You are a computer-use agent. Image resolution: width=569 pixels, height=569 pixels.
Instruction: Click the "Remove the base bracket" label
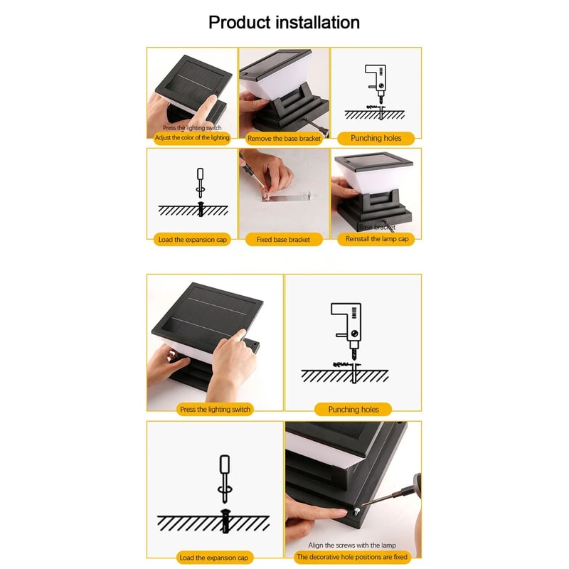tap(284, 139)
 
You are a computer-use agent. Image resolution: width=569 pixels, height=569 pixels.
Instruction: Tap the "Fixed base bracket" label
tap(283, 240)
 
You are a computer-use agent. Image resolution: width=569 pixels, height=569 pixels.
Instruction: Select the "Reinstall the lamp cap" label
tap(377, 240)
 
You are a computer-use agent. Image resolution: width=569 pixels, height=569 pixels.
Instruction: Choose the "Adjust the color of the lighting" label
tap(192, 137)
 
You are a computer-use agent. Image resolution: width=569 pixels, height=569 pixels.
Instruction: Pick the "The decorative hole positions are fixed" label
tap(352, 558)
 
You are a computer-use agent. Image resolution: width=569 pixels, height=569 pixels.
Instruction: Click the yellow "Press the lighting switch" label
tap(216, 410)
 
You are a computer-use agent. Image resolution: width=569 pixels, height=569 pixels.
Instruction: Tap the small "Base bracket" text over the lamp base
tap(377, 227)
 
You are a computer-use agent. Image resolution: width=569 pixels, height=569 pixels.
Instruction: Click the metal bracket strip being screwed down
tap(288, 196)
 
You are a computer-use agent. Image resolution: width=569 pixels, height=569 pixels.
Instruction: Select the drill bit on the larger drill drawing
tap(353, 352)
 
